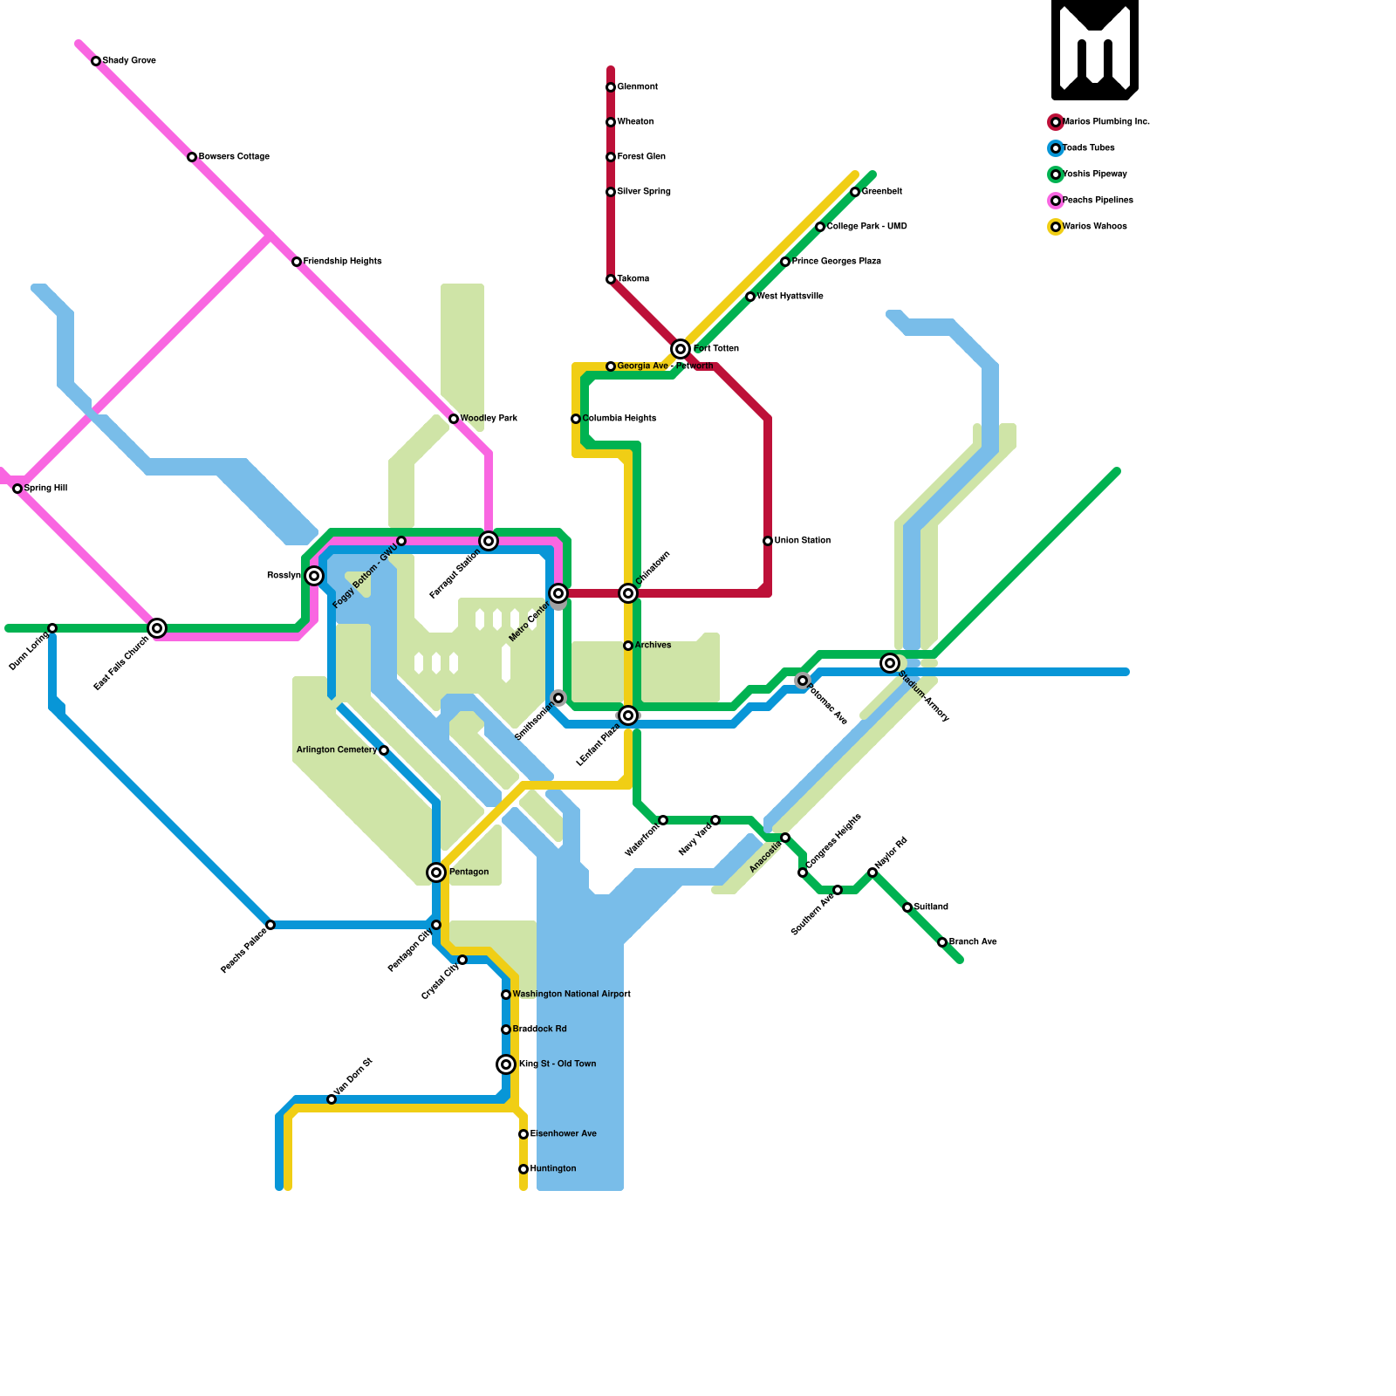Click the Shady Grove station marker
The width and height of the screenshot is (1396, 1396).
pos(96,61)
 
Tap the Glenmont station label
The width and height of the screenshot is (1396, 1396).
pos(637,87)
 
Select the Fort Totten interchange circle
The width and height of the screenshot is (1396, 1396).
pos(681,349)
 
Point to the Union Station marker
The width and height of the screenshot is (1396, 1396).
pos(768,541)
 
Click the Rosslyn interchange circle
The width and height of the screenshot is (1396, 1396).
pos(314,576)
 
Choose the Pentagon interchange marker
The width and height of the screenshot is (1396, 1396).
pos(436,872)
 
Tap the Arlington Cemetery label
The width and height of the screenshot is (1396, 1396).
pos(337,750)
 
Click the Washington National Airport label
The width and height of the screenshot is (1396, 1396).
pos(571,995)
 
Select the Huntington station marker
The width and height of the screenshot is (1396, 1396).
pos(523,1169)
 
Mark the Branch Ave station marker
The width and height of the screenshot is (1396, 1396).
pos(942,942)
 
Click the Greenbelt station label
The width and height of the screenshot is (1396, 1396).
pos(881,192)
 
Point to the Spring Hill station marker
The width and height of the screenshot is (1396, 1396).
pos(17,489)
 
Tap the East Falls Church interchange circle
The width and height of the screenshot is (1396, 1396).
pos(157,628)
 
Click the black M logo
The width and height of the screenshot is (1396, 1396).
pos(1094,50)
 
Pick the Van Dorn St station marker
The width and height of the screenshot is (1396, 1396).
pos(332,1099)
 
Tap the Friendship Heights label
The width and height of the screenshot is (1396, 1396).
pos(342,262)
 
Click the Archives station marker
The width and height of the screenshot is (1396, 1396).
pos(628,646)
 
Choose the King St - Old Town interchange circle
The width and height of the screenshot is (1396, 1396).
pos(506,1064)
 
